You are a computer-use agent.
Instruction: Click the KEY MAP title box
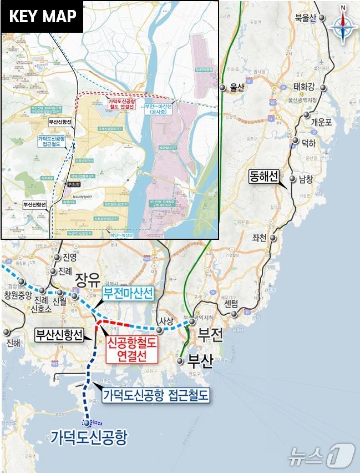click(x=43, y=17)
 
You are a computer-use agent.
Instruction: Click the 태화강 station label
click(x=303, y=86)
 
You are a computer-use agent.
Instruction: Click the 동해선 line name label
click(x=263, y=177)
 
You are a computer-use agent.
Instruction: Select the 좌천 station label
click(x=259, y=238)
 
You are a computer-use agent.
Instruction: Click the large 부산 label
click(x=200, y=361)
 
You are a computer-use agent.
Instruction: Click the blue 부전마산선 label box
click(x=128, y=295)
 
